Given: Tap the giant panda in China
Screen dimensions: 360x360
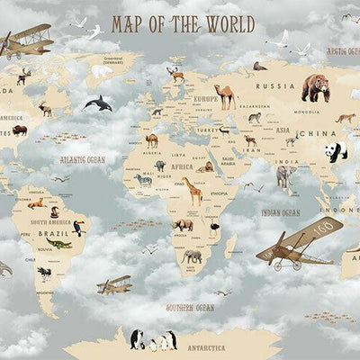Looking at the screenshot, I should [x=337, y=151].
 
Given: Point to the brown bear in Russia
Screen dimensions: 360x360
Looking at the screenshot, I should [x=315, y=87].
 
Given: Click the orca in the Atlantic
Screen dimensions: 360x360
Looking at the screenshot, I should [x=98, y=103].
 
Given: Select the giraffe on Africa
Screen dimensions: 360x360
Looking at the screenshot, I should [x=194, y=192].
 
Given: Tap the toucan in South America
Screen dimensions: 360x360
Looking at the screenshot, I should [x=79, y=229].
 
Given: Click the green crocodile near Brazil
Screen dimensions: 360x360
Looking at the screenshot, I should [x=58, y=244].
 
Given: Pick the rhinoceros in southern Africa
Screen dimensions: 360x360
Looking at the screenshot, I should [x=184, y=225].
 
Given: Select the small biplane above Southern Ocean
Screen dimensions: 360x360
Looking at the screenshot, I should [x=114, y=285].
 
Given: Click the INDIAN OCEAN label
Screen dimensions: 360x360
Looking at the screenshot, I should [x=281, y=212].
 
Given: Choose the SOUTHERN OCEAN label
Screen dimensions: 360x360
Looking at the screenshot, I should [x=190, y=307].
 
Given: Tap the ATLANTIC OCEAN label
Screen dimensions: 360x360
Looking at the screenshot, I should [x=83, y=159].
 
